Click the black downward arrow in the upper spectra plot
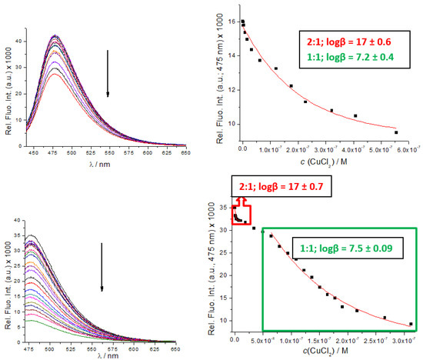tap(108, 74)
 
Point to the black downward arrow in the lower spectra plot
tap(101, 269)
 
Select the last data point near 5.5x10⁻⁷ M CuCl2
tap(396, 132)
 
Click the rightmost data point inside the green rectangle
tap(411, 324)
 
